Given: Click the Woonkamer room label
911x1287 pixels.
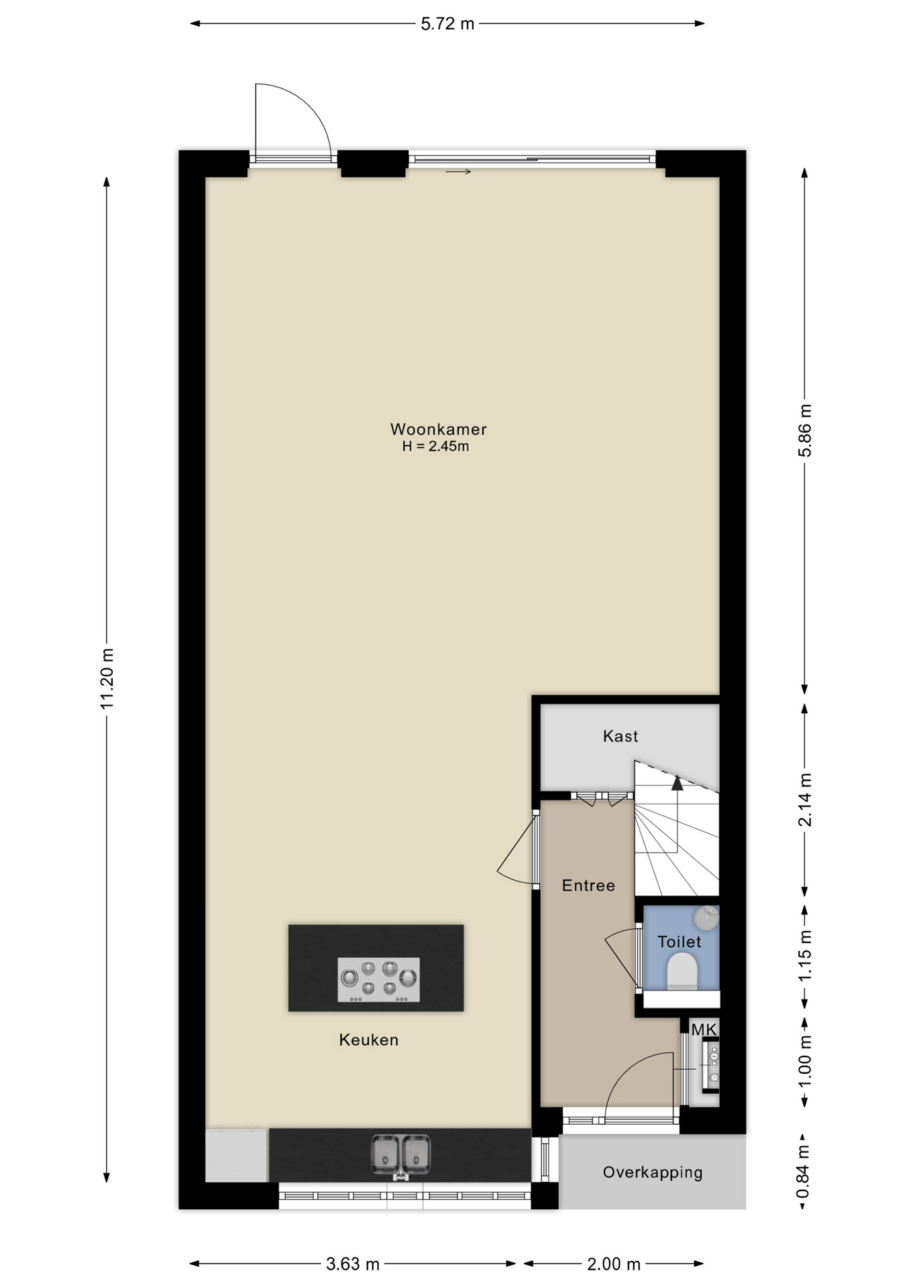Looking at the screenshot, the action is (438, 429).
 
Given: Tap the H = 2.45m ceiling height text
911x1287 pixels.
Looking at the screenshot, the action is (435, 446).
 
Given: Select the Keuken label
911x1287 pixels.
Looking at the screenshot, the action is (368, 1040).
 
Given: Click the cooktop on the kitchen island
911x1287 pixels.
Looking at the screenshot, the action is (378, 979).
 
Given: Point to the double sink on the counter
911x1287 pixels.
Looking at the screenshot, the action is (400, 1155).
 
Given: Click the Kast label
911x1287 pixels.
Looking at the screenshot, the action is (621, 736).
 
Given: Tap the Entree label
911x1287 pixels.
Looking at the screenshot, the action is (588, 885).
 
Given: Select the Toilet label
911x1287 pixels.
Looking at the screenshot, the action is (679, 942).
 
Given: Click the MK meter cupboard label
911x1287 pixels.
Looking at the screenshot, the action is (704, 1030).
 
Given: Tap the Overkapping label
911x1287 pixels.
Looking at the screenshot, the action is (652, 1172).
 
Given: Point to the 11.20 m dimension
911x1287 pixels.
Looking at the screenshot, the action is (107, 678).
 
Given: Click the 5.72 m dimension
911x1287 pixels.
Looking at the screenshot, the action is (447, 24).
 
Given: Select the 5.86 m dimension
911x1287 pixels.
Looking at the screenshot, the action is (805, 430).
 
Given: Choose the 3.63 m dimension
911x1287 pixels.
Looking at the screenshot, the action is (353, 1264).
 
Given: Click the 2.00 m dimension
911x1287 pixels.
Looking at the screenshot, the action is (614, 1264).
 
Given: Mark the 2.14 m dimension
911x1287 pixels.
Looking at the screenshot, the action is (805, 800).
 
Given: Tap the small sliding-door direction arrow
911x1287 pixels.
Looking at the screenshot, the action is (458, 172).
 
